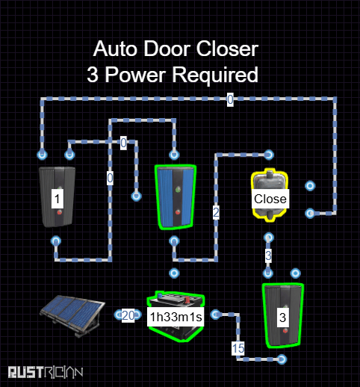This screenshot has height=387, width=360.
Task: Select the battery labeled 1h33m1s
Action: (x=176, y=317)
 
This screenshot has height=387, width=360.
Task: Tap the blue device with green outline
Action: (x=176, y=197)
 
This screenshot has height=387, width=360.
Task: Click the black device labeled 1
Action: (x=58, y=197)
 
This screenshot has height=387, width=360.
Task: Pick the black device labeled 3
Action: (x=283, y=315)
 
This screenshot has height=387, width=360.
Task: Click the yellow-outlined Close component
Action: (x=270, y=196)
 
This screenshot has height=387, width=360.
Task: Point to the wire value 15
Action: (x=238, y=348)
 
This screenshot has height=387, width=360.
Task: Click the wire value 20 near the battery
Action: (x=128, y=315)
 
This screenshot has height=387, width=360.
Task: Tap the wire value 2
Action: (x=216, y=212)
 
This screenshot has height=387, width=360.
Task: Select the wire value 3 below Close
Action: (x=268, y=256)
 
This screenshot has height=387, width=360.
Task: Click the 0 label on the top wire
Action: (x=230, y=99)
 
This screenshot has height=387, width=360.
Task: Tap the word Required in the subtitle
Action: (x=215, y=75)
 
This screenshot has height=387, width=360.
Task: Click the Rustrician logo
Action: (x=46, y=372)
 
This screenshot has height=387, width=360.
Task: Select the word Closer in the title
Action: (x=227, y=49)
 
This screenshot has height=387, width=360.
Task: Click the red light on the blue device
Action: (x=178, y=212)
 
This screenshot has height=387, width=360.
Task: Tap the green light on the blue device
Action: (x=178, y=190)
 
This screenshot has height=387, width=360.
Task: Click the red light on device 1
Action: (x=59, y=212)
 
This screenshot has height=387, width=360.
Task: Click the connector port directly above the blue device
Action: (x=174, y=155)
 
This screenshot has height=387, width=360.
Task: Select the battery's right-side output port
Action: (x=216, y=315)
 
